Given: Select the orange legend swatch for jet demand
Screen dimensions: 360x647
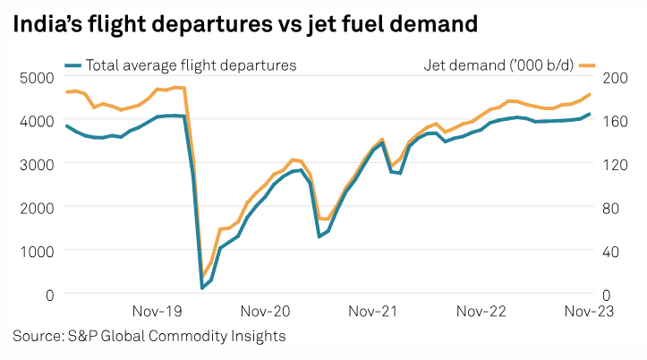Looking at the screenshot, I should click(x=587, y=64).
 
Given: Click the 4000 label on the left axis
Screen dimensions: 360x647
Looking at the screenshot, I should click(x=36, y=120).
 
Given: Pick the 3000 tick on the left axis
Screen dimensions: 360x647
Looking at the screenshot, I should click(x=36, y=164).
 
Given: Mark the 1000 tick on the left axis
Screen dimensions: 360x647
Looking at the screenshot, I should click(x=36, y=251).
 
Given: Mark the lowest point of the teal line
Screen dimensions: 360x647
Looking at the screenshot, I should click(x=202, y=288).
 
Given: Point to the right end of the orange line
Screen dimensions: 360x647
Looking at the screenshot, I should click(x=590, y=94).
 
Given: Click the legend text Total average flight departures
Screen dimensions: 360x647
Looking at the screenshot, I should click(x=191, y=64).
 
